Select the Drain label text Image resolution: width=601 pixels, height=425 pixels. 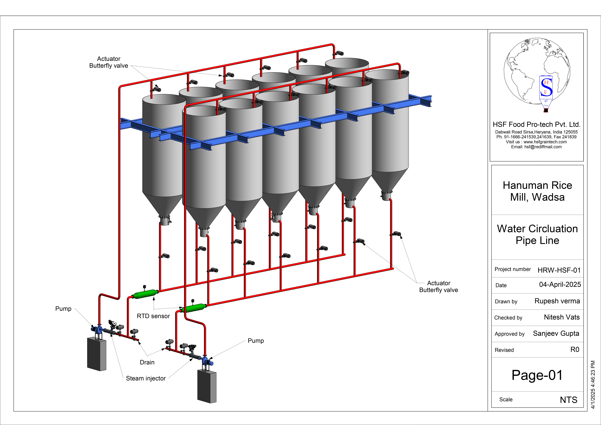[x=147, y=362]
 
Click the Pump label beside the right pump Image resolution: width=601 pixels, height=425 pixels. [x=256, y=341]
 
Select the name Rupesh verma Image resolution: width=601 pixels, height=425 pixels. [x=557, y=301]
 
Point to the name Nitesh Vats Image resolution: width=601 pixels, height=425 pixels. [x=562, y=317]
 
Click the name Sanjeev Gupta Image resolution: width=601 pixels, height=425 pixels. [x=556, y=333]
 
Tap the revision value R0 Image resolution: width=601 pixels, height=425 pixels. [x=575, y=350]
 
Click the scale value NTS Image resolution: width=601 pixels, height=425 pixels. [x=569, y=400]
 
